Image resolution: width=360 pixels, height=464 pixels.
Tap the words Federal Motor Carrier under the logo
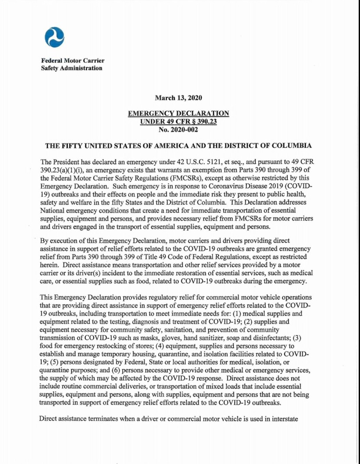(72, 60)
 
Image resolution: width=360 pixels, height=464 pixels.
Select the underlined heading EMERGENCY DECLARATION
(178, 113)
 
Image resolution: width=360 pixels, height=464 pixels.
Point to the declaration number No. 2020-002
(178, 129)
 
